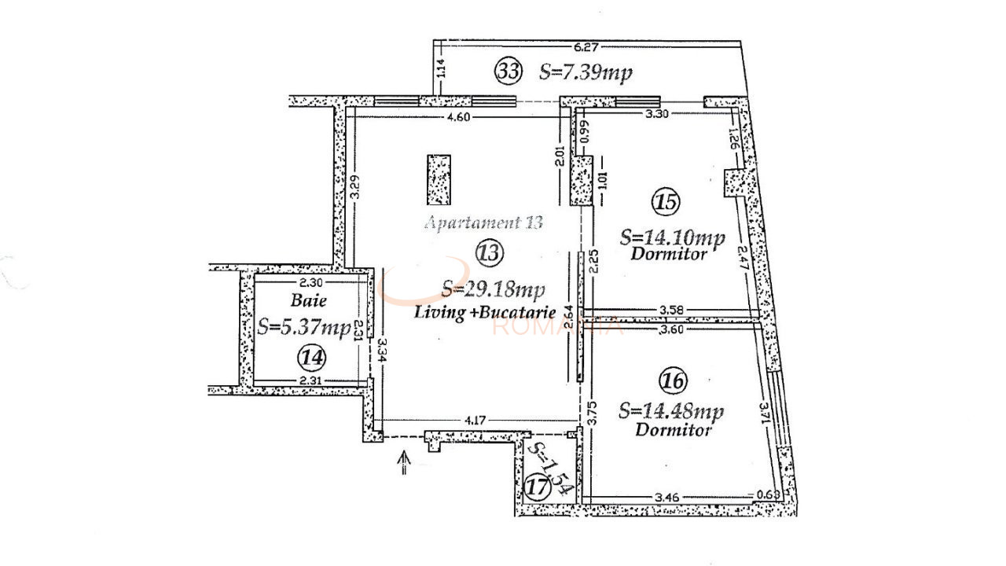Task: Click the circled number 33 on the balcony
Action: click(x=508, y=72)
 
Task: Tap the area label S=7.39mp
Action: click(x=586, y=72)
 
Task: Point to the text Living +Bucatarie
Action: click(x=485, y=312)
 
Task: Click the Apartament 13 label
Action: click(x=483, y=222)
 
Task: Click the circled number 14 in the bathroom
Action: click(x=311, y=358)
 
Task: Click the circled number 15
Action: click(x=665, y=202)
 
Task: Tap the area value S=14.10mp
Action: click(x=672, y=237)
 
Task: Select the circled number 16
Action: click(x=673, y=381)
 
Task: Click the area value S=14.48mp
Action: click(x=671, y=411)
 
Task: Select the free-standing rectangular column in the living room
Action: click(x=439, y=179)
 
